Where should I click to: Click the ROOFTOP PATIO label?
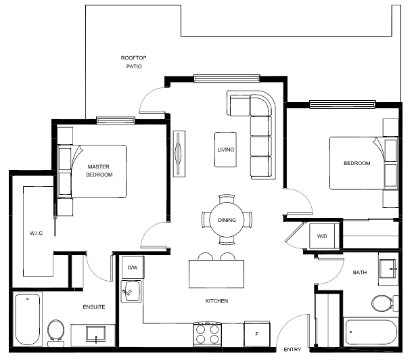[133, 62]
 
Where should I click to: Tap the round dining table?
[227, 220]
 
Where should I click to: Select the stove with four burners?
[208, 334]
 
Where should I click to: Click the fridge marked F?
[257, 334]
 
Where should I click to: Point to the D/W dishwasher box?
[133, 267]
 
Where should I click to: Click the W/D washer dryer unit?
[322, 236]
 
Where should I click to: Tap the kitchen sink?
[131, 292]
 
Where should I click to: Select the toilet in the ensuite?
[55, 333]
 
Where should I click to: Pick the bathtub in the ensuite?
[28, 319]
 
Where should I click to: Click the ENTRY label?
[292, 349]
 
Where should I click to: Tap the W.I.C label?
[36, 233]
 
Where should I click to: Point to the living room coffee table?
[225, 150]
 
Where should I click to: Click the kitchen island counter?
[216, 274]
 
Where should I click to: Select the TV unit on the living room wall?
[179, 154]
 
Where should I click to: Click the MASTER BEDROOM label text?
[99, 171]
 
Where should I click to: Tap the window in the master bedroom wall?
[116, 120]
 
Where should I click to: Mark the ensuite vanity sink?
[95, 334]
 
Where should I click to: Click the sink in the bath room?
[388, 269]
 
